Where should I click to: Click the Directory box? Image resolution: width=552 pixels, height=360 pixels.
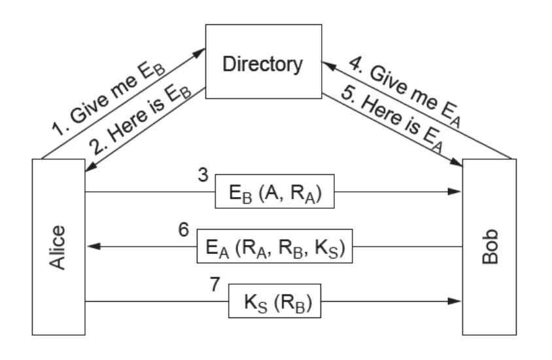(264, 64)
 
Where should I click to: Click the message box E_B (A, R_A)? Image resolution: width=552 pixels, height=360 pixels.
(275, 192)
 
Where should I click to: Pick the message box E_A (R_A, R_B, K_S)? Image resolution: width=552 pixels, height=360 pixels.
(275, 247)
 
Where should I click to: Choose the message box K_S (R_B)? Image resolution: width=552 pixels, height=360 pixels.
(275, 302)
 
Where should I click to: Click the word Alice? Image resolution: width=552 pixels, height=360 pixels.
(58, 247)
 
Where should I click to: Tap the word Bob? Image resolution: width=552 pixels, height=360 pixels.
(489, 247)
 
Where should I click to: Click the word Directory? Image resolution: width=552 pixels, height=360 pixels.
(264, 64)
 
